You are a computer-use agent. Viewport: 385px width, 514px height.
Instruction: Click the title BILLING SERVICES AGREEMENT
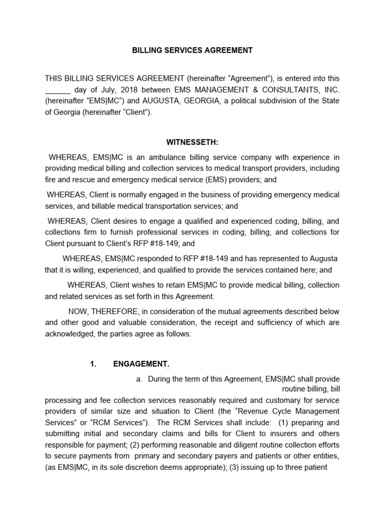[192, 50]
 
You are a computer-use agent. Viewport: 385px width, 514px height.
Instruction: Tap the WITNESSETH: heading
[192, 143]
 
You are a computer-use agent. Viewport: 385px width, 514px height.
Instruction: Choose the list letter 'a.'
[139, 379]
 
